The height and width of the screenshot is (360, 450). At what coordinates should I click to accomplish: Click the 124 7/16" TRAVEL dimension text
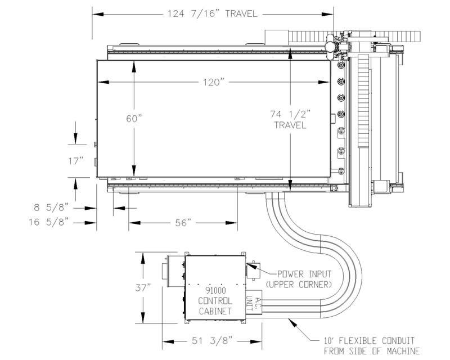point(212,13)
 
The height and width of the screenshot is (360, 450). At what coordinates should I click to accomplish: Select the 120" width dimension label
point(213,82)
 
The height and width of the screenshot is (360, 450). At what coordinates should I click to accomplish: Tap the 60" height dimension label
point(134,118)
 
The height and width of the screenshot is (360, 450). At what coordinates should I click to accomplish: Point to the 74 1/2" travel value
point(290,114)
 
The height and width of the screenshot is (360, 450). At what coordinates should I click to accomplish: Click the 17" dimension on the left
point(76,161)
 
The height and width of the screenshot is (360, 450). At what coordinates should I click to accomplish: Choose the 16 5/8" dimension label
point(49,222)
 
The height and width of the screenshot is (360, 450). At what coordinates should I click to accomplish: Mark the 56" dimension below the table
point(183,223)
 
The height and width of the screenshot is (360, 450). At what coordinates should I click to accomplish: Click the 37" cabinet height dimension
point(143,287)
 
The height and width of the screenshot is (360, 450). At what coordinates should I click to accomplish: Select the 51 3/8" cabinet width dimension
point(212,341)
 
